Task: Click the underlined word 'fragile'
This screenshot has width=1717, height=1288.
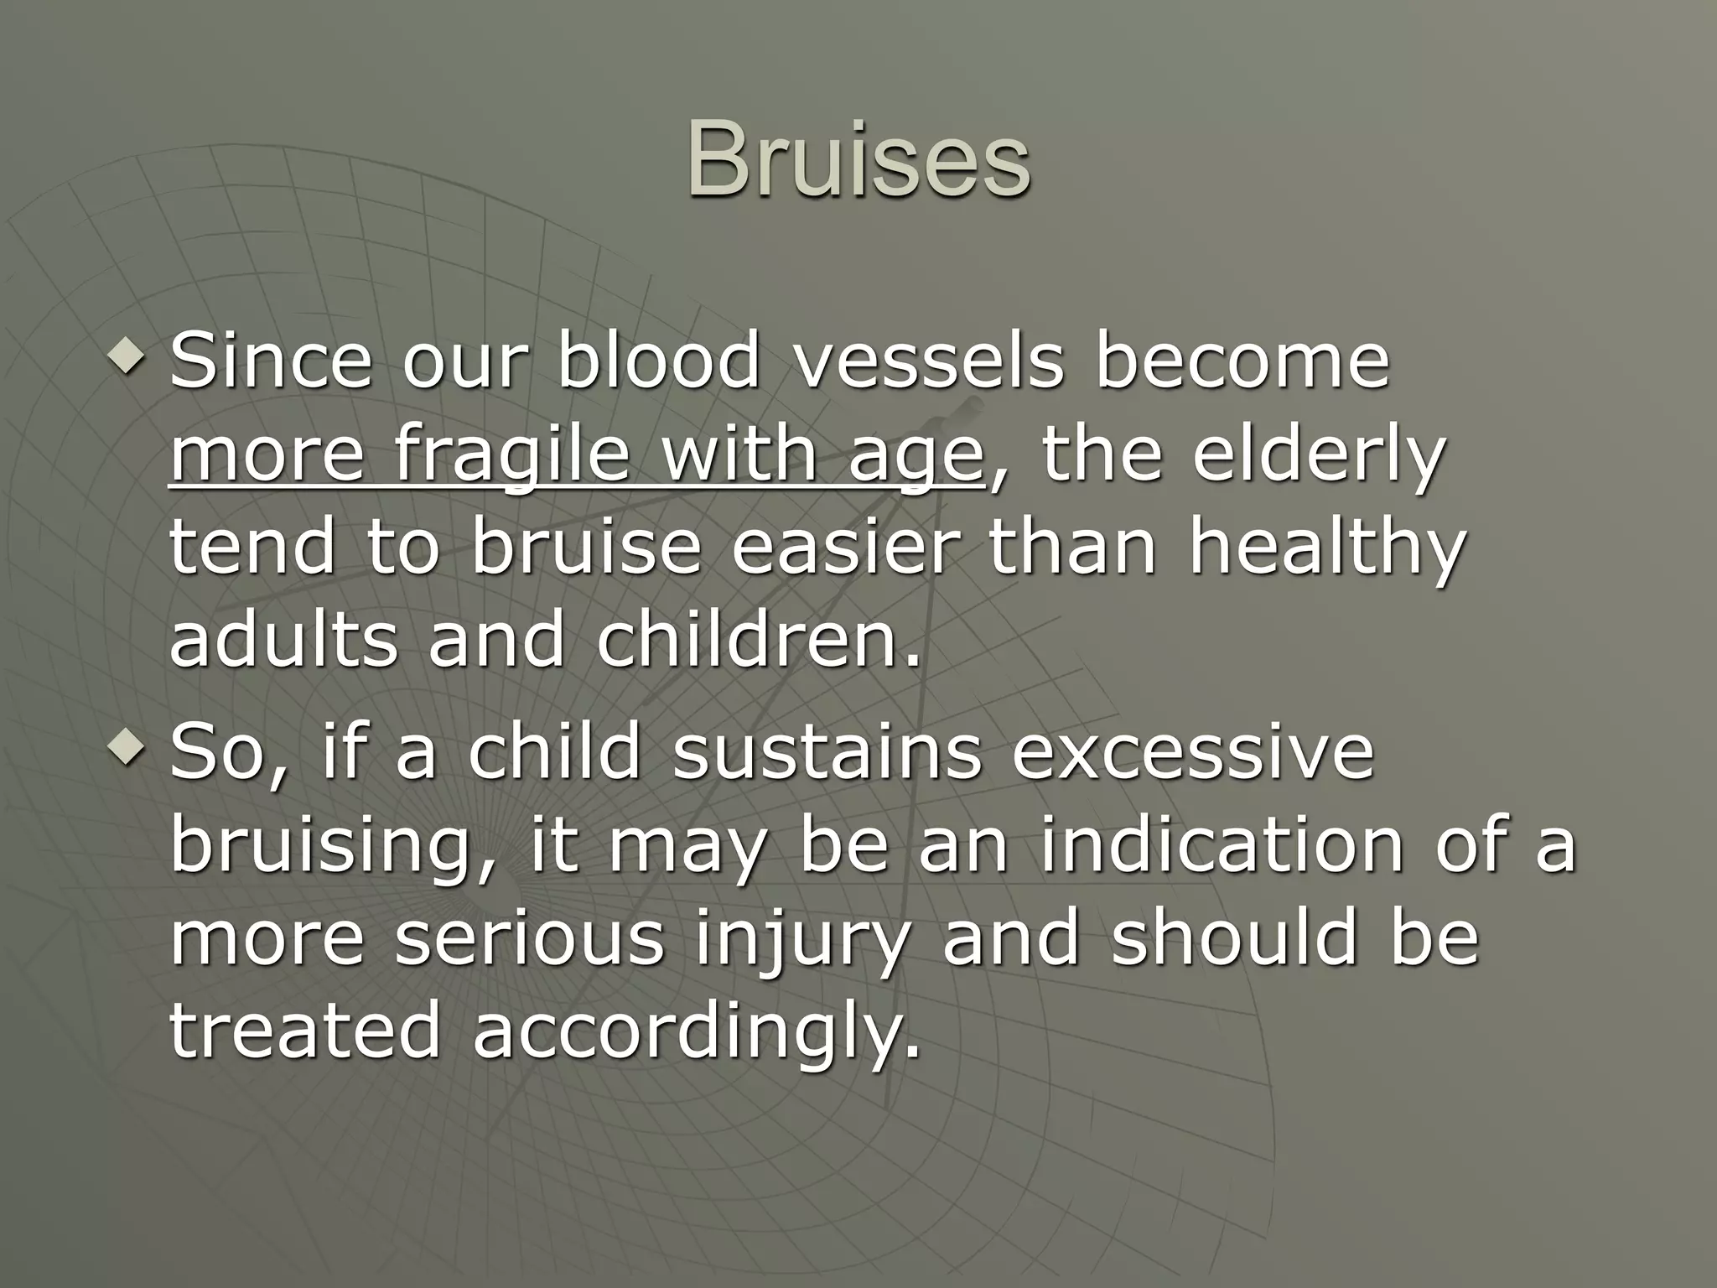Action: coord(511,457)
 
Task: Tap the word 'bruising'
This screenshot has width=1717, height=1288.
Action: coord(323,847)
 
